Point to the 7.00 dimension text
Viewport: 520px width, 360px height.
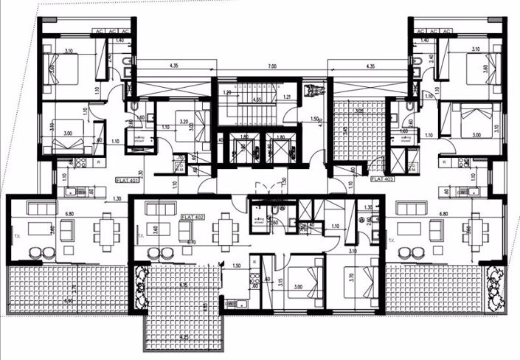point(271,67)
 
